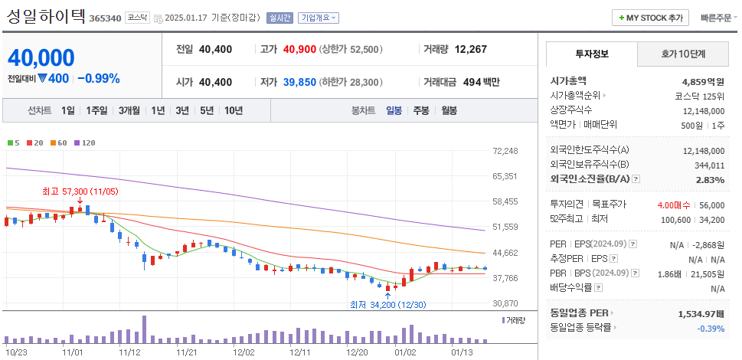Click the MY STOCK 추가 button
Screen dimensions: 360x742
pyautogui.click(x=650, y=18)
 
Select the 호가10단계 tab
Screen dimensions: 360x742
pyautogui.click(x=683, y=54)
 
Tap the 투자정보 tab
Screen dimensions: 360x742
pyautogui.click(x=591, y=54)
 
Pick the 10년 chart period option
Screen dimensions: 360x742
pyautogui.click(x=234, y=110)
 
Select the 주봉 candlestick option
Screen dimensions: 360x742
pyautogui.click(x=420, y=110)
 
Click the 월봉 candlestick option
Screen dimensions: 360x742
pyautogui.click(x=449, y=110)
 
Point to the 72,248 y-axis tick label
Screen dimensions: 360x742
pyautogui.click(x=505, y=151)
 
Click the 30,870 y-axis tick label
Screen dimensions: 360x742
pyautogui.click(x=505, y=303)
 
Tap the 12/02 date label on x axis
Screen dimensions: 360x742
pyautogui.click(x=244, y=352)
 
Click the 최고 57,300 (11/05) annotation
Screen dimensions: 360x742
pyautogui.click(x=80, y=191)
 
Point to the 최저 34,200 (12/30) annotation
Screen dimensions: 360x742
pyautogui.click(x=386, y=305)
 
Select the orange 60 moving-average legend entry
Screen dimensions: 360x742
pyautogui.click(x=59, y=142)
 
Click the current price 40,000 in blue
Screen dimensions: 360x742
pyautogui.click(x=41, y=57)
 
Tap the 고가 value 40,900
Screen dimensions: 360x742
pyautogui.click(x=299, y=49)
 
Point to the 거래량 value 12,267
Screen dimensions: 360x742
pyautogui.click(x=470, y=49)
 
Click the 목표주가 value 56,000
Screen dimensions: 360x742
pyautogui.click(x=711, y=205)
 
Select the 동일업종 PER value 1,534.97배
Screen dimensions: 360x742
pyautogui.click(x=701, y=313)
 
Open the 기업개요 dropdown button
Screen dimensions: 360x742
pyautogui.click(x=319, y=18)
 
